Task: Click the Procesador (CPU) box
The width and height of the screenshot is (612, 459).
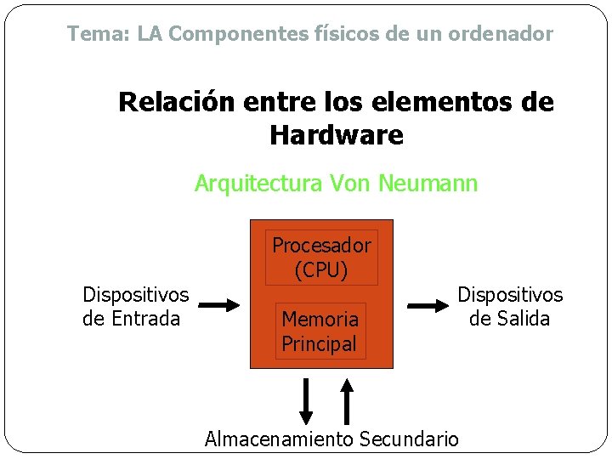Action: point(321,258)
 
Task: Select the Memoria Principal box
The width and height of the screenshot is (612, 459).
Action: point(320,331)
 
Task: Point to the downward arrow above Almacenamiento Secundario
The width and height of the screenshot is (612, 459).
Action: point(307,400)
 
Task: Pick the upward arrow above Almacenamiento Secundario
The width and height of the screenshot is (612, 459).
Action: point(347,400)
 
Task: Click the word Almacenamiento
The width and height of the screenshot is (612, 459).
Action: point(279,439)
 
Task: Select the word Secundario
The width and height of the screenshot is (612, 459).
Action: point(409,439)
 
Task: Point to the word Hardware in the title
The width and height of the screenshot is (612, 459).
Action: point(337,134)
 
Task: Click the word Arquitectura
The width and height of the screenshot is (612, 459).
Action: point(250,183)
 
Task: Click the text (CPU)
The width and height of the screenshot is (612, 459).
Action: point(321,270)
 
